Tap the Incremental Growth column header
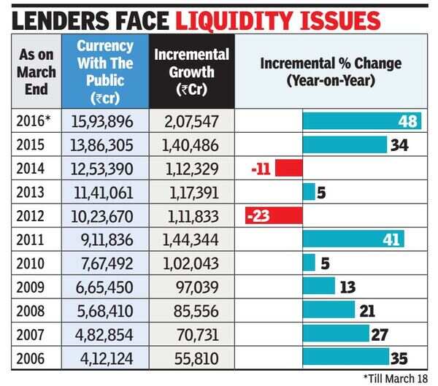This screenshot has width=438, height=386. point(191,72)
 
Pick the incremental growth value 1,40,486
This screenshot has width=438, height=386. point(191,144)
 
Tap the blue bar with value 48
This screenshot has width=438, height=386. point(361,121)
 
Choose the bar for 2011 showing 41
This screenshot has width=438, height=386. point(353,239)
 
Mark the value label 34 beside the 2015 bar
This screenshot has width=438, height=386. point(399,145)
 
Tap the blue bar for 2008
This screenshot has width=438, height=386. point(328,310)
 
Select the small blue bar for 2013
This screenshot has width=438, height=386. point(309,192)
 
